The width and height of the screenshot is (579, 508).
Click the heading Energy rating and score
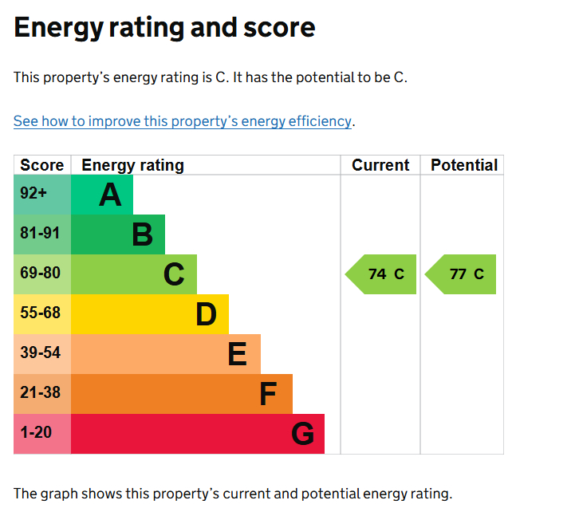click(x=164, y=28)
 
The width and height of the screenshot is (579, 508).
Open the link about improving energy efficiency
click(x=183, y=121)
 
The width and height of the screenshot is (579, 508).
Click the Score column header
click(x=41, y=165)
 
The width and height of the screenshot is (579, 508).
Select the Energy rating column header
click(x=132, y=165)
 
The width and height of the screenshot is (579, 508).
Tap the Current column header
click(x=380, y=165)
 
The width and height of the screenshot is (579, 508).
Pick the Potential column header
click(x=463, y=165)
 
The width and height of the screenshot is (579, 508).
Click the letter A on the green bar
click(x=110, y=195)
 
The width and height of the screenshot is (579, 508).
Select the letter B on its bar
click(x=142, y=234)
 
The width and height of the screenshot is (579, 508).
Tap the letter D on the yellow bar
click(x=206, y=314)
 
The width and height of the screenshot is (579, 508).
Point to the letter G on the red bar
click(x=302, y=434)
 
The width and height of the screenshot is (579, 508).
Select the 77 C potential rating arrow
click(x=463, y=274)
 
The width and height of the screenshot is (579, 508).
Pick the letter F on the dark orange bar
click(x=269, y=394)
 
